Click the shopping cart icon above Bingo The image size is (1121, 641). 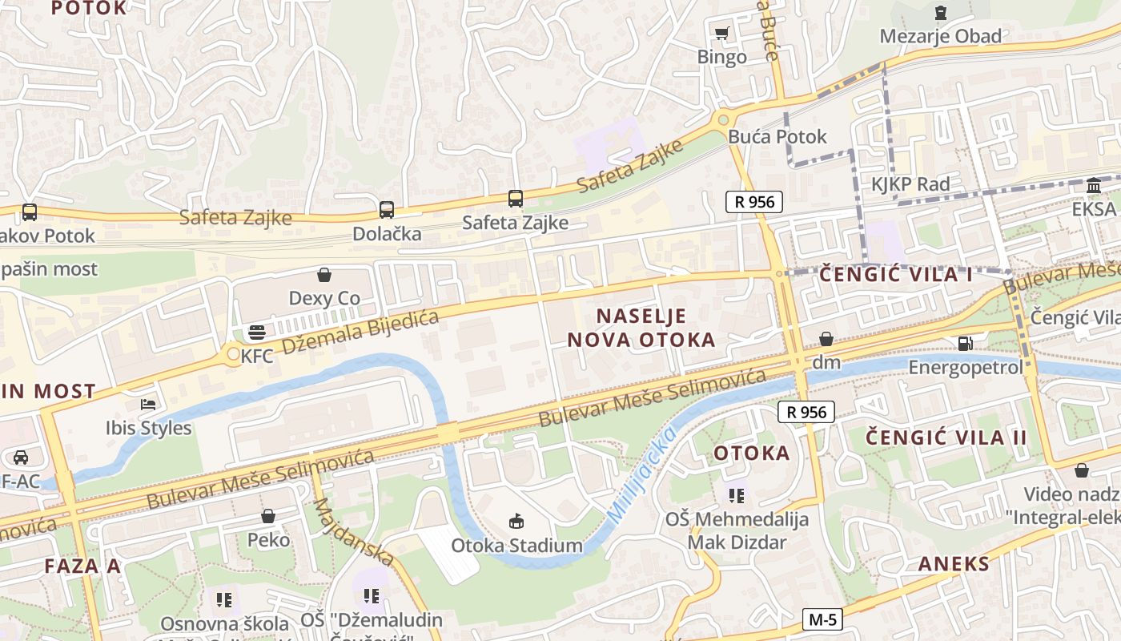[x=721, y=33]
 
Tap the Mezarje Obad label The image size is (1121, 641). [x=940, y=36]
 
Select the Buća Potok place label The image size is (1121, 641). [x=777, y=136]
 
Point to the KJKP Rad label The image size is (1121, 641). [x=910, y=184]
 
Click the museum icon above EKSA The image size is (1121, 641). [x=1094, y=187]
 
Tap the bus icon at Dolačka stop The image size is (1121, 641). [x=387, y=210]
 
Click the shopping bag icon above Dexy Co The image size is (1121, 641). [x=324, y=276]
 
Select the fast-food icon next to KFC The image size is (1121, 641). [x=257, y=332]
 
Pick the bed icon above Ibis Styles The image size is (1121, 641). [x=148, y=404]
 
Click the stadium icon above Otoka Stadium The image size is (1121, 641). [x=516, y=522]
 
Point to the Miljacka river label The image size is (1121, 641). [x=641, y=476]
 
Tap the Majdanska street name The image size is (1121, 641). [x=353, y=532]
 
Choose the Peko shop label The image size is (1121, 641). [x=268, y=539]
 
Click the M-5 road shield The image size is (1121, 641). [x=823, y=619]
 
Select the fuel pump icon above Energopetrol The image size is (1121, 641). [x=966, y=344]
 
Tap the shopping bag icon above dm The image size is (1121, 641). [x=826, y=339]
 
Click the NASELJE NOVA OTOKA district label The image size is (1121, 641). [x=641, y=327]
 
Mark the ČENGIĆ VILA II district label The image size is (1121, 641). [x=946, y=437]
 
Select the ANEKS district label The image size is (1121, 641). [x=954, y=563]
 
